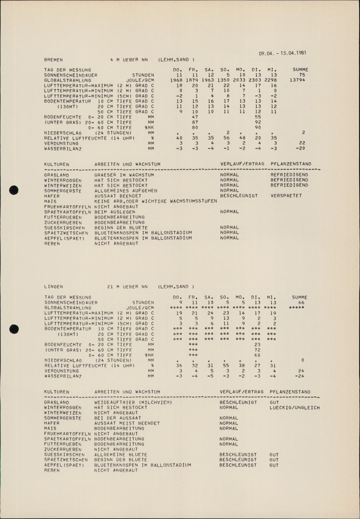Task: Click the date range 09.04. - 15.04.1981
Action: coord(282,53)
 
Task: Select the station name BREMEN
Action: coord(53,60)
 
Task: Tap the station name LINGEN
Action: coord(54,287)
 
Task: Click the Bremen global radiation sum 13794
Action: coord(297,80)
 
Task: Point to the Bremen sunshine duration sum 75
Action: coord(302,75)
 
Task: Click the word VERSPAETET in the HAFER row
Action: coord(286,196)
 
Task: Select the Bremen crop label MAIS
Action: coord(50,201)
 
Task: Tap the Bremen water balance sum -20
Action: coord(300,148)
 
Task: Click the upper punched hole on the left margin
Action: coord(14,189)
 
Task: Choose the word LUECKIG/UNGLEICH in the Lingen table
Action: coord(294,408)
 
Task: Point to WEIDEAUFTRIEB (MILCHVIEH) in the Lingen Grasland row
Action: coord(133,402)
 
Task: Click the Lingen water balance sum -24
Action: coord(299,376)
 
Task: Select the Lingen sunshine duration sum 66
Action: coord(301,303)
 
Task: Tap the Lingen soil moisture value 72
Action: coord(257,350)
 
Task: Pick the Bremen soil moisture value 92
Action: coord(257,122)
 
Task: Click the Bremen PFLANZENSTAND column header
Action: coord(291,164)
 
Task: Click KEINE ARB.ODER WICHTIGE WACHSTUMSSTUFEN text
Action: coord(156,201)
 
